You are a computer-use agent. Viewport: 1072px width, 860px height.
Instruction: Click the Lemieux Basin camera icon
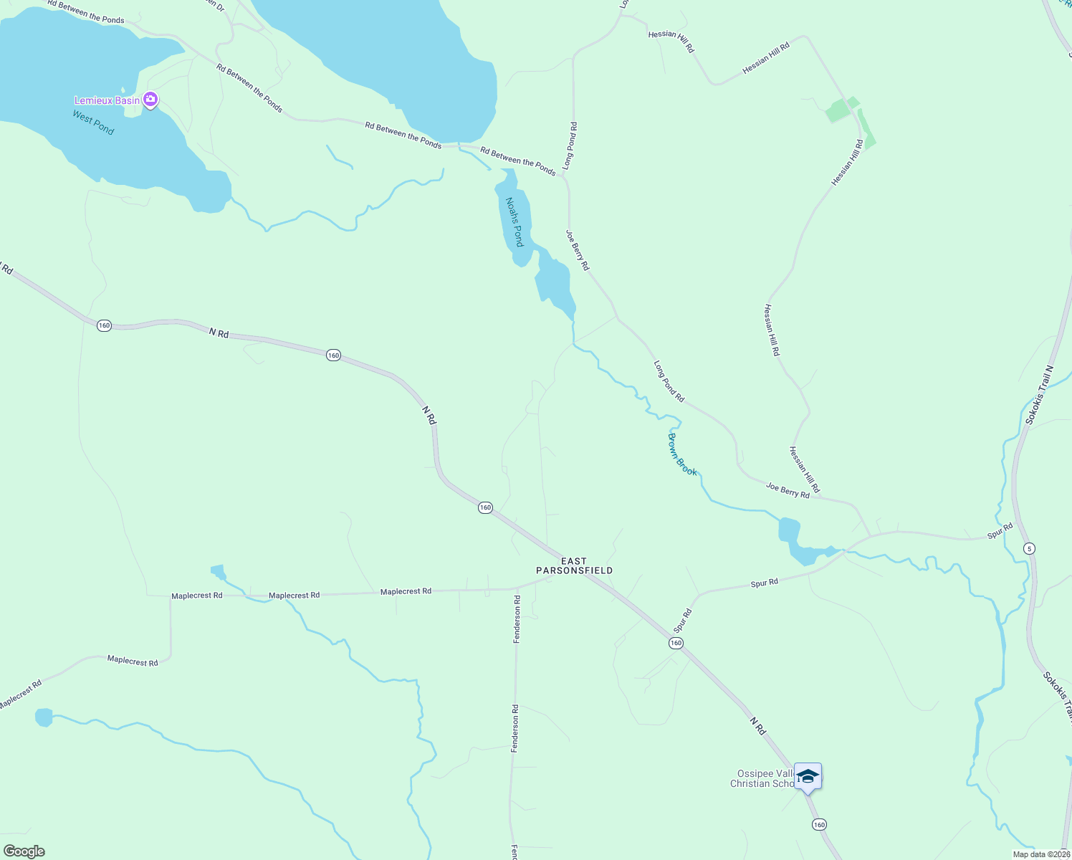150,100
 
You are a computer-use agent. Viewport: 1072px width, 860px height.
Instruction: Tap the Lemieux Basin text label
107,100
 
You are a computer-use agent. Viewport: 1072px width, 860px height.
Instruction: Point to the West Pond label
93,123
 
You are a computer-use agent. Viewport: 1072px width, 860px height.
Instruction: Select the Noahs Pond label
515,222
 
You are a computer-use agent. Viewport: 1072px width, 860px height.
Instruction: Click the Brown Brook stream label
682,454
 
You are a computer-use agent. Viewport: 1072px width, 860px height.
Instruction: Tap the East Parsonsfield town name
574,566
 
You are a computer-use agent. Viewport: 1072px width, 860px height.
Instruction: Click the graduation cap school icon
808,776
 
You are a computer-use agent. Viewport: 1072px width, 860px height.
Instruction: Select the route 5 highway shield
1030,549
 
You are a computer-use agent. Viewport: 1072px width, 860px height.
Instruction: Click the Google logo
24,851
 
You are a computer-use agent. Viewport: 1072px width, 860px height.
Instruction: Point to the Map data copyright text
1040,854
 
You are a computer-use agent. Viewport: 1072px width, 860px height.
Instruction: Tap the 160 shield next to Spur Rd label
676,644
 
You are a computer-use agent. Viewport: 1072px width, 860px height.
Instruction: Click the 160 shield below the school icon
819,825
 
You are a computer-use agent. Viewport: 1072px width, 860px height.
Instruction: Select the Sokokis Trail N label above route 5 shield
1039,395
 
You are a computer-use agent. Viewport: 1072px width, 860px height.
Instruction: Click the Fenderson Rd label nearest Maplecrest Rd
517,618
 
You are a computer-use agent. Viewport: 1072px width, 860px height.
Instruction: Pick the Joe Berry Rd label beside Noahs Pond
578,250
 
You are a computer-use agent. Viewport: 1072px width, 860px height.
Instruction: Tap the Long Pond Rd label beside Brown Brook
669,381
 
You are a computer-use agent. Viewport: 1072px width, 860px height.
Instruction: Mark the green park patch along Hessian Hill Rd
838,111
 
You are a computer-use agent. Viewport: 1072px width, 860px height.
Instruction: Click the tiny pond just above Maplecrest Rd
218,571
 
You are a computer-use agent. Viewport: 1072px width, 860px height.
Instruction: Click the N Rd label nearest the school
758,725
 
